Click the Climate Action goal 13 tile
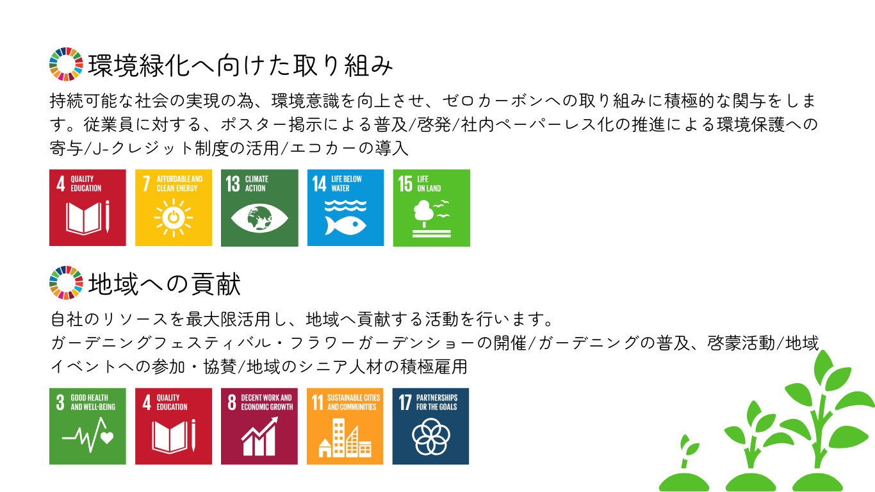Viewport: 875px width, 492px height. pos(259,208)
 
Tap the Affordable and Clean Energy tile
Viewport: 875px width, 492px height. pos(174,208)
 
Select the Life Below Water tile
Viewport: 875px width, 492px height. pos(346,208)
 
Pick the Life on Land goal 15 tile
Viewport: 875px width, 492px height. pos(432,208)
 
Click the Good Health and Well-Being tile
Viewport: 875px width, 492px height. pos(88,427)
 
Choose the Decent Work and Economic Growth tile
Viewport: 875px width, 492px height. pos(259,427)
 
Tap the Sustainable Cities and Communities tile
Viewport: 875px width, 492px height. pos(345,427)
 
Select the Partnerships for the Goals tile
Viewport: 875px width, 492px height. pos(431,427)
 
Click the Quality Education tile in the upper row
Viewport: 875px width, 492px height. pos(88,208)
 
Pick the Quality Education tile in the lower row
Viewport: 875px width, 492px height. pos(174,427)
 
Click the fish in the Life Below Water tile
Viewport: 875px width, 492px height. pos(345,225)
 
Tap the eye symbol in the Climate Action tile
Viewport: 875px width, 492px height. pos(259,218)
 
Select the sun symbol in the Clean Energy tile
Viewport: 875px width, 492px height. pos(174,218)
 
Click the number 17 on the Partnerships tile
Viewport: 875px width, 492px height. pos(405,402)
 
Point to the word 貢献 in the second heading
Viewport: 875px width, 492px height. pos(215,283)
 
